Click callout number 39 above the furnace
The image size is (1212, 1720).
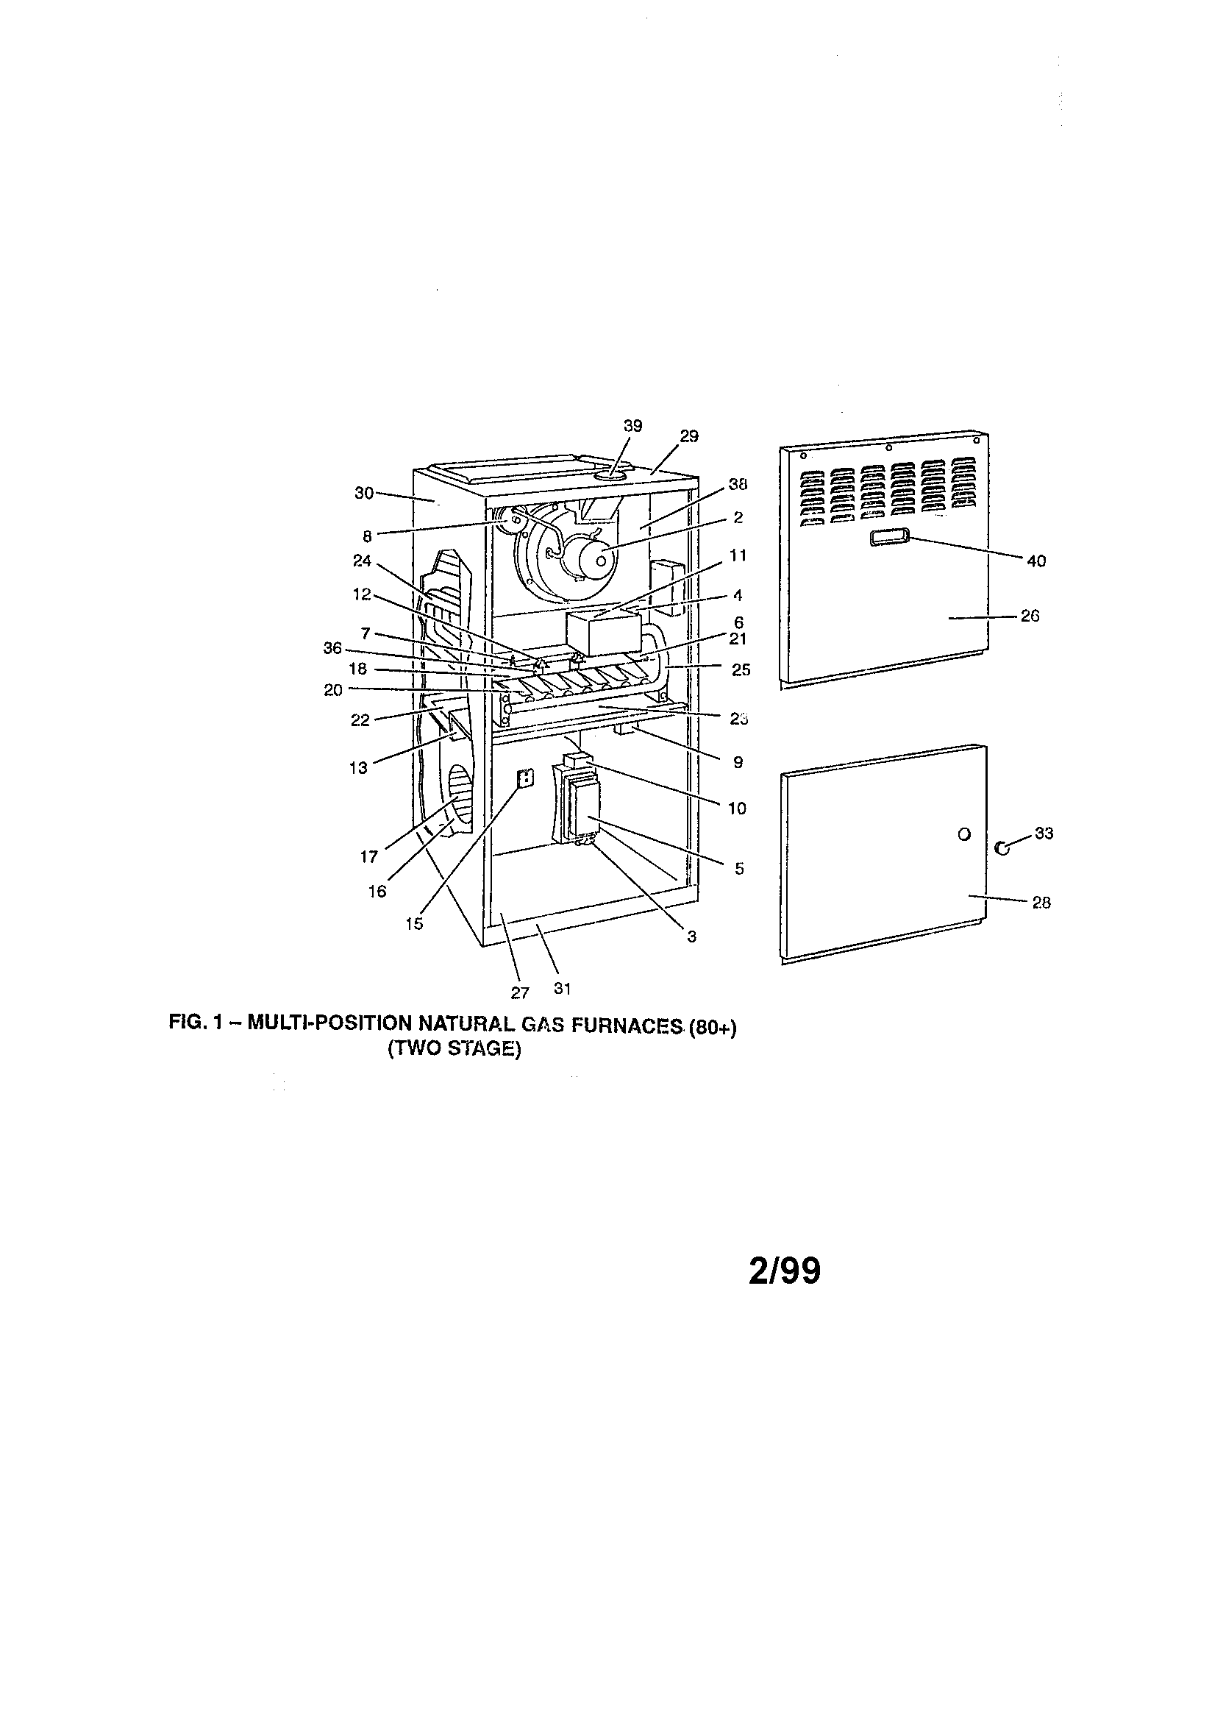(x=633, y=425)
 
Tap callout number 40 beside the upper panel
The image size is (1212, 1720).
(x=1036, y=561)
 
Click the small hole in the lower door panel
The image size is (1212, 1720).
(x=965, y=834)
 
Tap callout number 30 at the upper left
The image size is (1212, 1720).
(x=364, y=492)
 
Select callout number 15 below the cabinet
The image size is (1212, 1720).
(x=414, y=924)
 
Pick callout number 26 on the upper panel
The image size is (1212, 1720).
(x=1030, y=616)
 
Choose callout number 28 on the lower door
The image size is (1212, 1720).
(x=1041, y=903)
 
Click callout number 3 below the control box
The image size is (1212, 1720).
(x=691, y=937)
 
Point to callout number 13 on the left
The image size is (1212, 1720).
(x=359, y=768)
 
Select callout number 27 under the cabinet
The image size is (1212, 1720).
(x=520, y=992)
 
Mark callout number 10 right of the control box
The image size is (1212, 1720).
(x=737, y=809)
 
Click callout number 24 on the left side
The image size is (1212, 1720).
(x=363, y=561)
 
